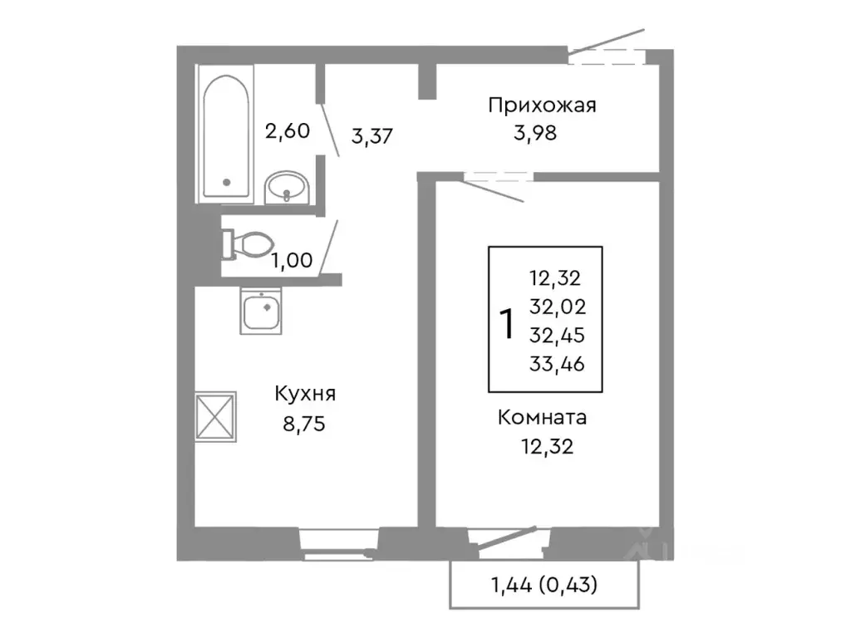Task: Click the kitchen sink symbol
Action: click(263, 312)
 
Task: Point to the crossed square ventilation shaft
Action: click(216, 415)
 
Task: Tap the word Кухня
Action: click(307, 393)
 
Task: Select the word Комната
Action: click(543, 417)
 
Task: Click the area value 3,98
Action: click(535, 133)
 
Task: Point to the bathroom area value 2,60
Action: click(287, 130)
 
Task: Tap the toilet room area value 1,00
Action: click(291, 260)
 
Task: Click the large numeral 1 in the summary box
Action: click(504, 322)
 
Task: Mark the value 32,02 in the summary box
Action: click(556, 307)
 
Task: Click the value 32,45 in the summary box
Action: click(556, 334)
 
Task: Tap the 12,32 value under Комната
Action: click(546, 448)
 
